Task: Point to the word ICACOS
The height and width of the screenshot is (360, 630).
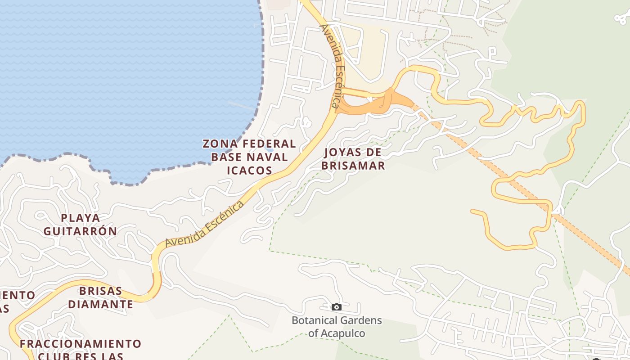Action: tap(249, 170)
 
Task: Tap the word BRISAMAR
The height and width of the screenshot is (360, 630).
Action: tap(353, 165)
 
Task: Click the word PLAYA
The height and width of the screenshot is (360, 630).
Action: tap(81, 218)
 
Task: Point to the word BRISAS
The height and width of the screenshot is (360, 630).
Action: tap(101, 291)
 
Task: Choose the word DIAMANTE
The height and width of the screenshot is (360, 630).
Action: tap(101, 304)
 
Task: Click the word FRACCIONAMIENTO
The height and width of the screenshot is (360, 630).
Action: tap(81, 344)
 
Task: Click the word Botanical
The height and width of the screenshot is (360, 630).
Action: tap(314, 320)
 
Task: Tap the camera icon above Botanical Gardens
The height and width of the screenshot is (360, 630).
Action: tap(336, 307)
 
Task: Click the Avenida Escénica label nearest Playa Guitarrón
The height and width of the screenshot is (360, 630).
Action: tap(204, 224)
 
